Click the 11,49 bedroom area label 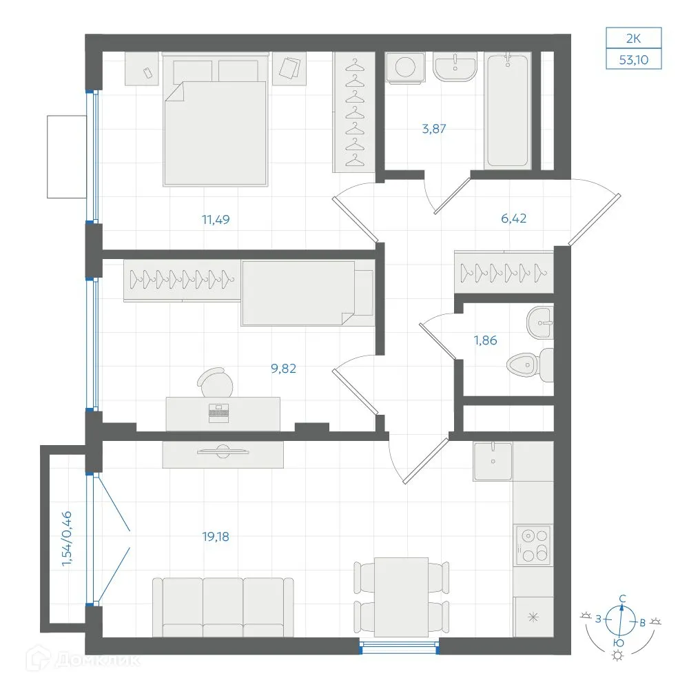click(216, 220)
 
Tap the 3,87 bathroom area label click(434, 127)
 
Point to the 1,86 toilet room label click(485, 340)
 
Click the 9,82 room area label click(284, 368)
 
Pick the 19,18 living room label click(216, 536)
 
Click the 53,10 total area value click(634, 59)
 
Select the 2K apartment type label click(633, 37)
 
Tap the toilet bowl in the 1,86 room click(524, 363)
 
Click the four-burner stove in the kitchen click(533, 545)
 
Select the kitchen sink click(493, 461)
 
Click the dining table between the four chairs click(400, 596)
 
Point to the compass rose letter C click(622, 598)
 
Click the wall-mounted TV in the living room click(223, 451)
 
